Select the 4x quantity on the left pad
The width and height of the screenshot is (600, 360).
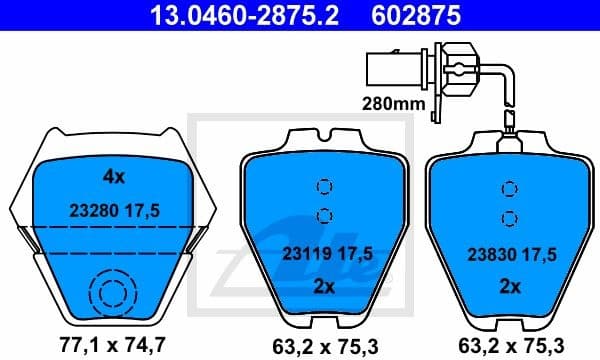point(113,177)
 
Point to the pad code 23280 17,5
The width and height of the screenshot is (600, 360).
point(112,211)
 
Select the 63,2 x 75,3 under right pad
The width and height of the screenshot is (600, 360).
point(509,345)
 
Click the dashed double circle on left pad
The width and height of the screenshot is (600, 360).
point(110,294)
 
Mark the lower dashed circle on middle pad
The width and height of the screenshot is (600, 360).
point(323,214)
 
